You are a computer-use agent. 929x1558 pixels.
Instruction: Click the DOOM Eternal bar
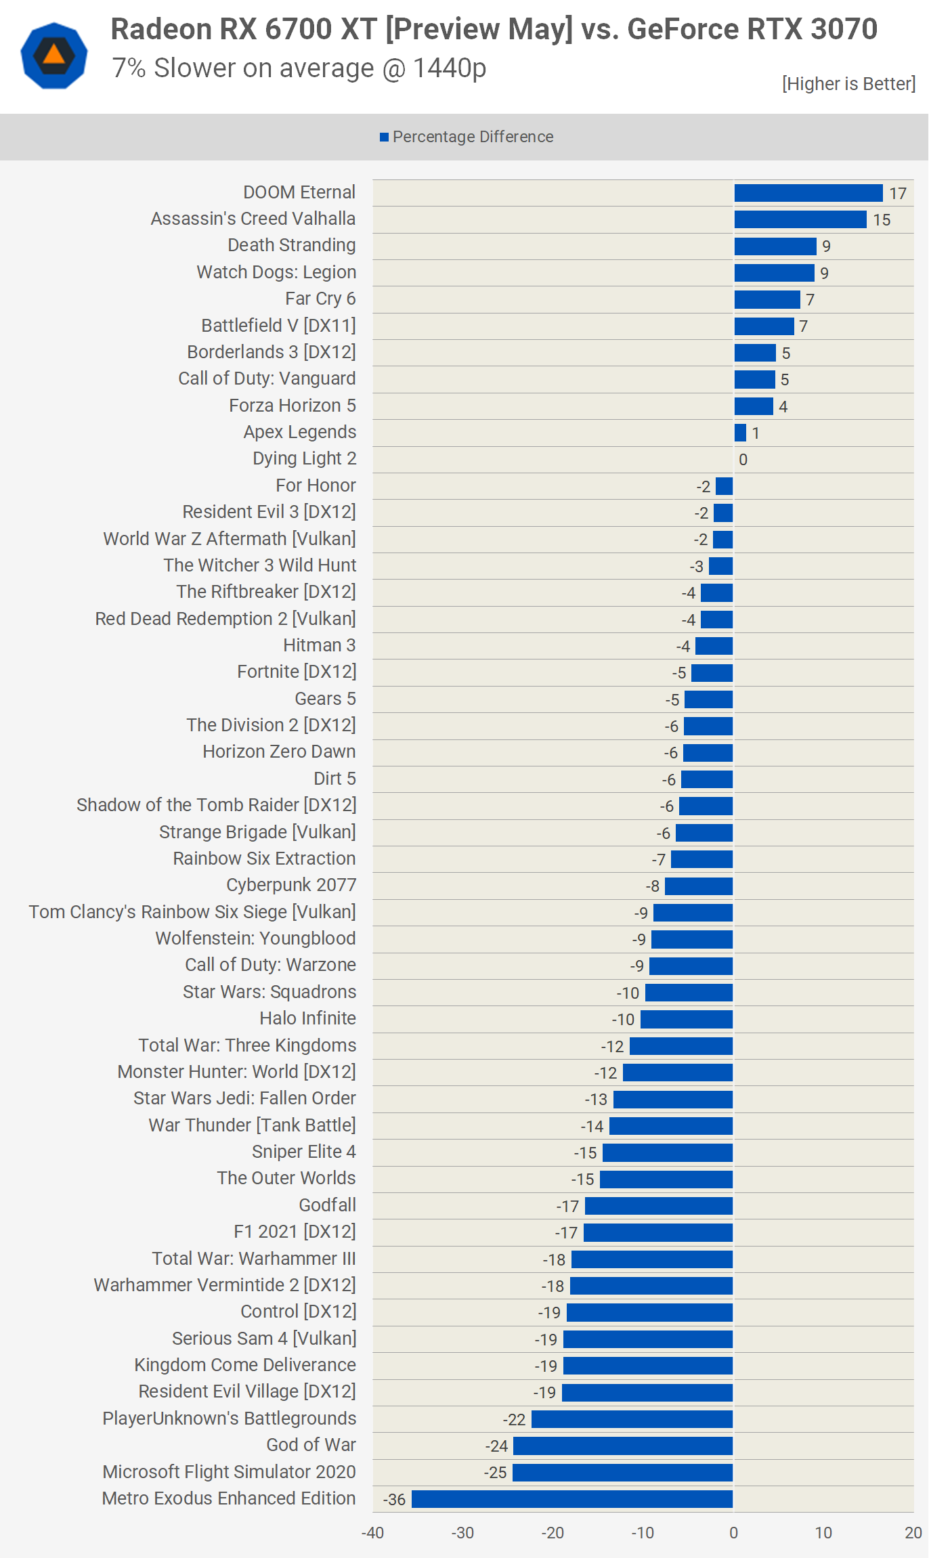(x=808, y=193)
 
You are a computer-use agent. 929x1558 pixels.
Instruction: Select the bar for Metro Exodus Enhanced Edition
(x=572, y=1499)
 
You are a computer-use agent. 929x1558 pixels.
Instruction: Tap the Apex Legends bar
(x=740, y=433)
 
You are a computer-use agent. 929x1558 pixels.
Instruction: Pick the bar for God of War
(x=623, y=1446)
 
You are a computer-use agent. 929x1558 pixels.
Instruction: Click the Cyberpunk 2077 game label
(x=291, y=885)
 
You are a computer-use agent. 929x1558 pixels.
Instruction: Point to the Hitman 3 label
(x=319, y=645)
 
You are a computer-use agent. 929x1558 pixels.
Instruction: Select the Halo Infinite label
(x=307, y=1018)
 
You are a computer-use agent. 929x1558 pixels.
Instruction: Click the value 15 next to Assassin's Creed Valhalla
(x=882, y=220)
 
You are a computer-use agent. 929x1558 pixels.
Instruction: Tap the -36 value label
(x=394, y=1500)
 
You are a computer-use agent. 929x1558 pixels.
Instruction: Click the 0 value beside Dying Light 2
(x=743, y=460)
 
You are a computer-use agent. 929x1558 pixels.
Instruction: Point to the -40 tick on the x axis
(x=372, y=1533)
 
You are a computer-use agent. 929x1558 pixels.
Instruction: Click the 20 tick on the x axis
(x=913, y=1533)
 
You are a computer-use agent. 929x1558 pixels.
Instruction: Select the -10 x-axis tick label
(x=643, y=1533)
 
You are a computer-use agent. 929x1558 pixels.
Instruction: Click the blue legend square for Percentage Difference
(x=384, y=137)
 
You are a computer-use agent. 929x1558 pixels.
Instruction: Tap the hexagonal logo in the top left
(x=54, y=56)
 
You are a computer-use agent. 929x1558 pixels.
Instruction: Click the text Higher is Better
(x=848, y=84)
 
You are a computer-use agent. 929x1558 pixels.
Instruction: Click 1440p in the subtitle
(x=450, y=68)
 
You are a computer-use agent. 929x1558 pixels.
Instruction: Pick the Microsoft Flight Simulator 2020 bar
(x=622, y=1473)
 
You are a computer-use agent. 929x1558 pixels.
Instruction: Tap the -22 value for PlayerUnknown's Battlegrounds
(x=514, y=1420)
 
